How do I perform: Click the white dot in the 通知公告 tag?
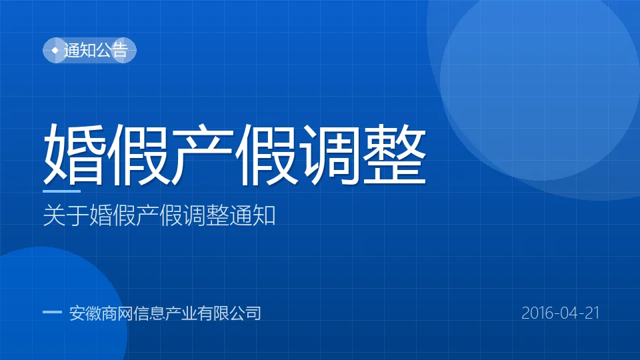click(x=55, y=50)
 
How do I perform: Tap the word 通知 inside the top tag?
click(x=80, y=50)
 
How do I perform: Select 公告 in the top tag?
click(x=112, y=50)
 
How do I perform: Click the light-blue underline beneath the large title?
click(x=61, y=191)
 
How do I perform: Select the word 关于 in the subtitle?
click(x=66, y=215)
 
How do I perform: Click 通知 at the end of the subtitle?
click(x=252, y=215)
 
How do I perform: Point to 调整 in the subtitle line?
click(x=206, y=215)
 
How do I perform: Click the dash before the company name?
click(x=52, y=313)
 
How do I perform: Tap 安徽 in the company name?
click(x=85, y=313)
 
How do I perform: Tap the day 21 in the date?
click(x=592, y=313)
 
